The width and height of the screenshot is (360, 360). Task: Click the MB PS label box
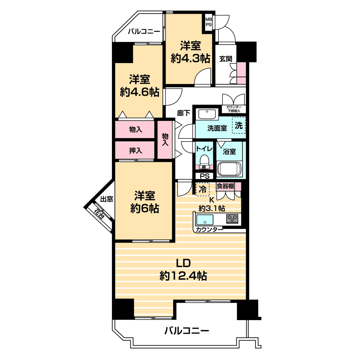click(208, 22)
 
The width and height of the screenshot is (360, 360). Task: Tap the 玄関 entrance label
click(226, 59)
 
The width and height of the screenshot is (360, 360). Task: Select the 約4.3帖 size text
click(190, 59)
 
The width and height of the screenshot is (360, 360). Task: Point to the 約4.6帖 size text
click(140, 92)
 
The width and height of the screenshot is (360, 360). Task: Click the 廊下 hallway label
click(184, 113)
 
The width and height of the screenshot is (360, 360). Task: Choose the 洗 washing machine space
click(239, 125)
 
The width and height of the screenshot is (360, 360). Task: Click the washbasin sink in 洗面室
click(207, 113)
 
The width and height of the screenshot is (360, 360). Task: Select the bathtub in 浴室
click(229, 169)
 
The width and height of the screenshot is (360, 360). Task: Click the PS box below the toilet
click(204, 176)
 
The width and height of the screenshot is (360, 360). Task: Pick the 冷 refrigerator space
click(202, 189)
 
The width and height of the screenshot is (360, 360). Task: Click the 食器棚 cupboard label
click(225, 186)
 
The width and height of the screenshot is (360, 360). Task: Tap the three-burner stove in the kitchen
click(232, 219)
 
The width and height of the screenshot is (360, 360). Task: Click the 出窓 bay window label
click(107, 199)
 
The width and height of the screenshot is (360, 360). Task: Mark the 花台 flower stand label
click(99, 214)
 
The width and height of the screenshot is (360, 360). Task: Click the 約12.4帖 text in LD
click(183, 276)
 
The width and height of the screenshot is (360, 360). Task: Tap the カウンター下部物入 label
click(234, 109)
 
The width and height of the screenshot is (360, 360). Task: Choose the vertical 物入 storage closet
click(165, 140)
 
